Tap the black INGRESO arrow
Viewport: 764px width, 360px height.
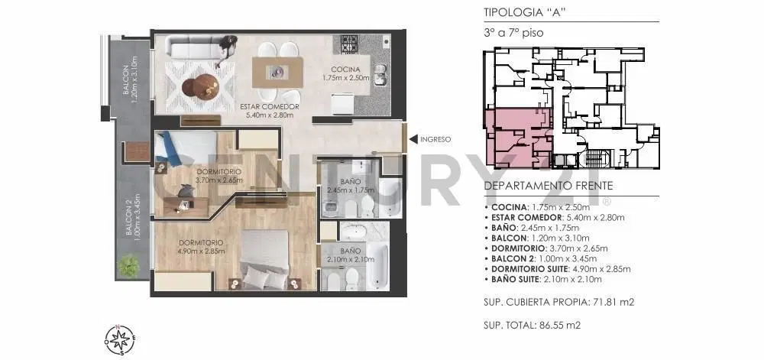coord(413,139)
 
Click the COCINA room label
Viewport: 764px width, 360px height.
coord(345,70)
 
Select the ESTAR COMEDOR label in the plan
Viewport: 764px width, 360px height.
coord(270,107)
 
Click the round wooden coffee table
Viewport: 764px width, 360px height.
coord(200,86)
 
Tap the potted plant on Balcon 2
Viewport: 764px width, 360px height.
coord(128,266)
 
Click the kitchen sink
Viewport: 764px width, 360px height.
coord(380,75)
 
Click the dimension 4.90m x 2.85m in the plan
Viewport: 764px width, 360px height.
coord(201,251)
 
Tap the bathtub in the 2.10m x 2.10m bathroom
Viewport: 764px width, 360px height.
coord(378,265)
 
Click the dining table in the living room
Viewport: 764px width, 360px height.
coord(278,72)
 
